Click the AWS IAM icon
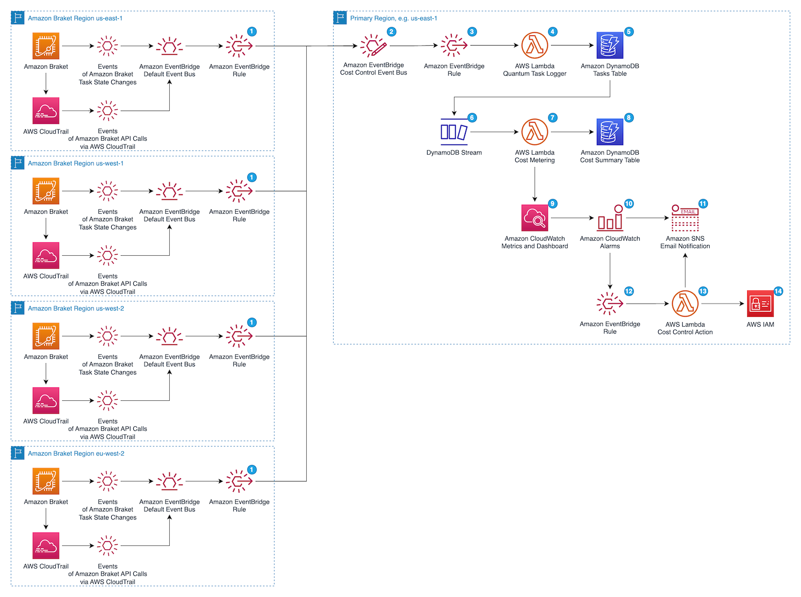760,304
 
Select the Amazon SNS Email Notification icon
685,218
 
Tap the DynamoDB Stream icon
454,132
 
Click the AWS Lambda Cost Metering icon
535,132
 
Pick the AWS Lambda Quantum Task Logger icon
535,46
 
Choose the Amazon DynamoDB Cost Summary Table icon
610,132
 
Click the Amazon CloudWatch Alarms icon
610,218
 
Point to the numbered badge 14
778,291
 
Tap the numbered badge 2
391,32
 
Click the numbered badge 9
552,204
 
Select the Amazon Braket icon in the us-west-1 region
46,191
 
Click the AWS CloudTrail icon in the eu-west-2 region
46,545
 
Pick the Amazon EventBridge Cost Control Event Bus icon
373,46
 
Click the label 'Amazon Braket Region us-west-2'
76,308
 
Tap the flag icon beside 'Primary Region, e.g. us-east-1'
340,18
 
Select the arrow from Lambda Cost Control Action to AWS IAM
723,304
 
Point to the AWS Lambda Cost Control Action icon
685,304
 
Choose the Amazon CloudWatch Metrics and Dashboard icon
535,218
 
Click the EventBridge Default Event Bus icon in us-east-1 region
169,46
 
